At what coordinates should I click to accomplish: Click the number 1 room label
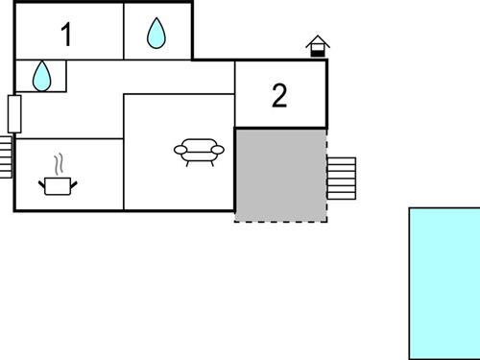[x=66, y=36]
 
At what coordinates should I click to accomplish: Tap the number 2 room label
[x=279, y=96]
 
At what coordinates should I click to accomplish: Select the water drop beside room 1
[x=156, y=34]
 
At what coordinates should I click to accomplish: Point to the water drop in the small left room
[x=41, y=76]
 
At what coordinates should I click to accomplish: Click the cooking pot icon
[x=58, y=184]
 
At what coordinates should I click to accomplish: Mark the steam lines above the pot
[x=60, y=161]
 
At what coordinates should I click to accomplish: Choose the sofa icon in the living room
[x=197, y=152]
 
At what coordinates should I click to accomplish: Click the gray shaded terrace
[x=280, y=175]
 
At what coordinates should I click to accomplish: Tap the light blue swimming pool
[x=444, y=282]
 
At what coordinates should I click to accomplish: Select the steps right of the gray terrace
[x=342, y=177]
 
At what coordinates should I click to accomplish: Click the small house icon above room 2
[x=317, y=46]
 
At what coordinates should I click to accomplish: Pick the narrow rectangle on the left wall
[x=14, y=113]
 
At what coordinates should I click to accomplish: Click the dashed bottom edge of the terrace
[x=280, y=222]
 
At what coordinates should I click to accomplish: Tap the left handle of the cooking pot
[x=42, y=180]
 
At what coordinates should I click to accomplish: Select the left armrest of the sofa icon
[x=179, y=149]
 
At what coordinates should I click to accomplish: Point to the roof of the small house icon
[x=317, y=41]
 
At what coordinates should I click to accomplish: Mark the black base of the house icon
[x=317, y=53]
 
